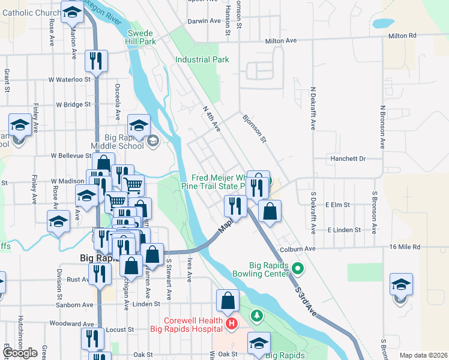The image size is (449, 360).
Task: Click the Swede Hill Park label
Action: click(x=141, y=37)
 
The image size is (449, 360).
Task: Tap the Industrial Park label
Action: click(x=202, y=59)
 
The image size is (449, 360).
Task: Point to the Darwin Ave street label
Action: click(x=205, y=20)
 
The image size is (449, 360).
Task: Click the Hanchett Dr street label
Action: click(x=349, y=158)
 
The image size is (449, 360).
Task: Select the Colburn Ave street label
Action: click(x=297, y=248)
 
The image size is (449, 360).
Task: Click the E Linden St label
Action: click(x=344, y=230)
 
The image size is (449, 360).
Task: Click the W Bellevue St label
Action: click(x=70, y=155)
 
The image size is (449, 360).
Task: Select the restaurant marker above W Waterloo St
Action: click(x=96, y=60)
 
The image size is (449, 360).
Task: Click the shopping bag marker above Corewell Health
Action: click(x=228, y=301)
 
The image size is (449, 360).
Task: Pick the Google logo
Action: click(x=20, y=353)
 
